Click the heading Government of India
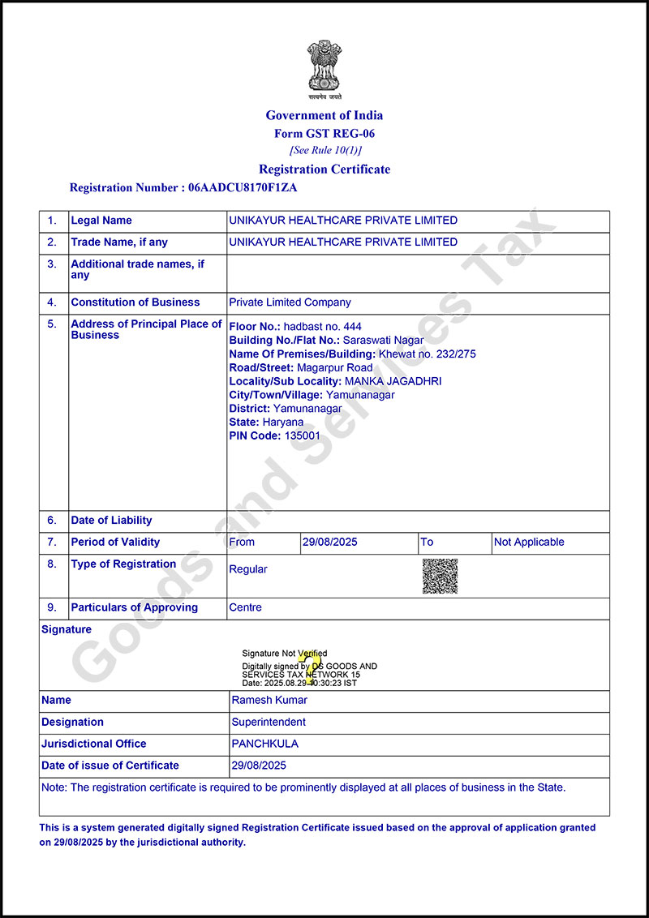(x=324, y=115)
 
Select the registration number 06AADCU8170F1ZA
(x=243, y=187)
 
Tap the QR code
(x=440, y=576)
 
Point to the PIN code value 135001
(x=302, y=435)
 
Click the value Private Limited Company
(x=290, y=302)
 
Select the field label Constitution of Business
(x=135, y=302)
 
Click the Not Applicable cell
(x=529, y=543)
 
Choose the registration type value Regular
(x=247, y=569)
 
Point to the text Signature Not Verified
(x=284, y=653)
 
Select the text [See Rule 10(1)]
(x=324, y=151)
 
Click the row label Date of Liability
(x=111, y=521)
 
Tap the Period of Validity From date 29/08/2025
(x=329, y=543)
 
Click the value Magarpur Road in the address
(x=335, y=367)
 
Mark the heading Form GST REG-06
(x=324, y=134)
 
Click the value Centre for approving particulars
(x=245, y=607)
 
